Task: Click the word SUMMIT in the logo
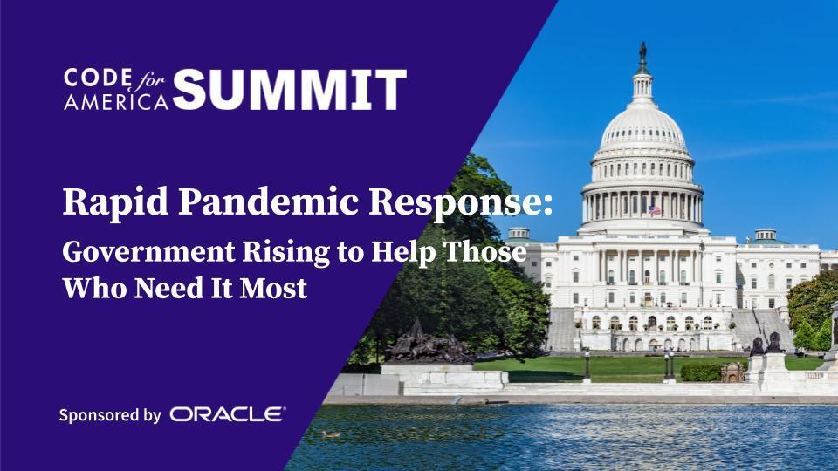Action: click(289, 89)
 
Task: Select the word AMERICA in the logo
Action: click(116, 101)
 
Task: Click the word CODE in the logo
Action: click(97, 78)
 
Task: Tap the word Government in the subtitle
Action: click(148, 251)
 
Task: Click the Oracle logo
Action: click(228, 414)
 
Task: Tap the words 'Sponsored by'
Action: click(110, 415)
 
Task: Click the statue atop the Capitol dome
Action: click(642, 51)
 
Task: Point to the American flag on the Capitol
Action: click(655, 210)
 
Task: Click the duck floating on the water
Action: click(331, 434)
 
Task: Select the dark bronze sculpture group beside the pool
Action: click(428, 344)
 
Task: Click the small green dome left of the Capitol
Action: click(519, 235)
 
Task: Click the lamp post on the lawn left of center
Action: click(587, 365)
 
